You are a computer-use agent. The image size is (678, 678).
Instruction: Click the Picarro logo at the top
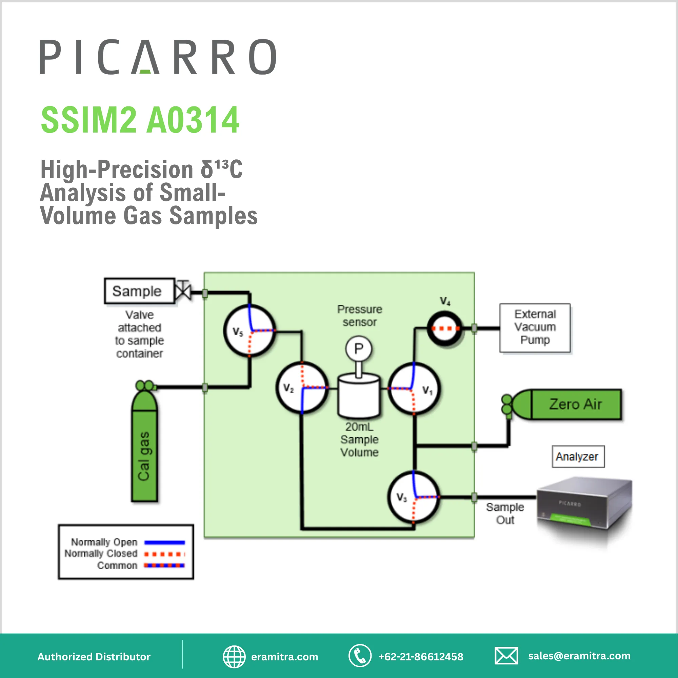(158, 57)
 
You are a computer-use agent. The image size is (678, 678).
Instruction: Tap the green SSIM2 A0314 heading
(140, 120)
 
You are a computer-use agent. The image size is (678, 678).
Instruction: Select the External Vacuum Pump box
(535, 328)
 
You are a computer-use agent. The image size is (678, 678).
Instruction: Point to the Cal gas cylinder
(144, 453)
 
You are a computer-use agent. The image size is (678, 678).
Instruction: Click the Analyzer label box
(578, 457)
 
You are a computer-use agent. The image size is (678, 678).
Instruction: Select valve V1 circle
(414, 389)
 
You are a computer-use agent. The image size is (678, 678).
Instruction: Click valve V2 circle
(302, 388)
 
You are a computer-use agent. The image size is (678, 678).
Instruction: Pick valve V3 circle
(414, 497)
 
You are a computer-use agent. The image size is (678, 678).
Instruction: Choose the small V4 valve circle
(445, 328)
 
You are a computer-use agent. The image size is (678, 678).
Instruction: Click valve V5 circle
(250, 331)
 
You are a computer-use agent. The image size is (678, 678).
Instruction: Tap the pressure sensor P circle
(358, 348)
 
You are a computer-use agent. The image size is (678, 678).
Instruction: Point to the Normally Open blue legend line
(165, 542)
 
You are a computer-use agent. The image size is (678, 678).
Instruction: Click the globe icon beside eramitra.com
(234, 657)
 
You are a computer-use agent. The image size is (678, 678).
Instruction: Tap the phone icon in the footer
(360, 656)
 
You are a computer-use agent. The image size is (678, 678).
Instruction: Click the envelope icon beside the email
(506, 656)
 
